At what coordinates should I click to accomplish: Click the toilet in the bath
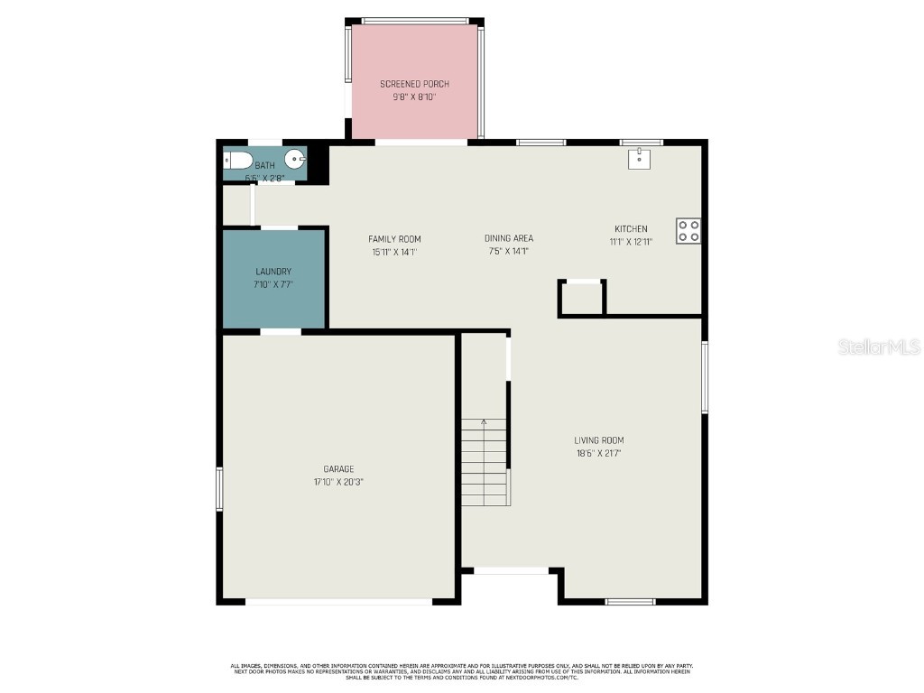238,161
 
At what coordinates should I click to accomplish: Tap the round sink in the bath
295,160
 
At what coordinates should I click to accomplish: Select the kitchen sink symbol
640,159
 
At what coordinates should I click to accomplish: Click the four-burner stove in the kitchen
688,230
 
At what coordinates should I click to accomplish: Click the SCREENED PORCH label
414,84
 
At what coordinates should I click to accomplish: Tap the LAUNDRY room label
273,272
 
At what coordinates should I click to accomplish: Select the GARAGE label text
338,469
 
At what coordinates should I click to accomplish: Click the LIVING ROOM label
598,440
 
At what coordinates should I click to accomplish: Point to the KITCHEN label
631,229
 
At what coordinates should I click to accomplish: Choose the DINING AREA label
508,239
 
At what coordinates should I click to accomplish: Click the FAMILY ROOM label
394,239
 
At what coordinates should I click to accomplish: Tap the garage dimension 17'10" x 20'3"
338,482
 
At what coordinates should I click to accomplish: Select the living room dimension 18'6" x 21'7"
598,453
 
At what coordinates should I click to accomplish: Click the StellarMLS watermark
878,346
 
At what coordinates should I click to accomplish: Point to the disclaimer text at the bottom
461,670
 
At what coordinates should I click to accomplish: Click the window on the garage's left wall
219,489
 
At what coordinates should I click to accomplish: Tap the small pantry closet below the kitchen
582,298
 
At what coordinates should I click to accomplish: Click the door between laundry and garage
281,332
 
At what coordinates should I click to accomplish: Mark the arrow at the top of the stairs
484,422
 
